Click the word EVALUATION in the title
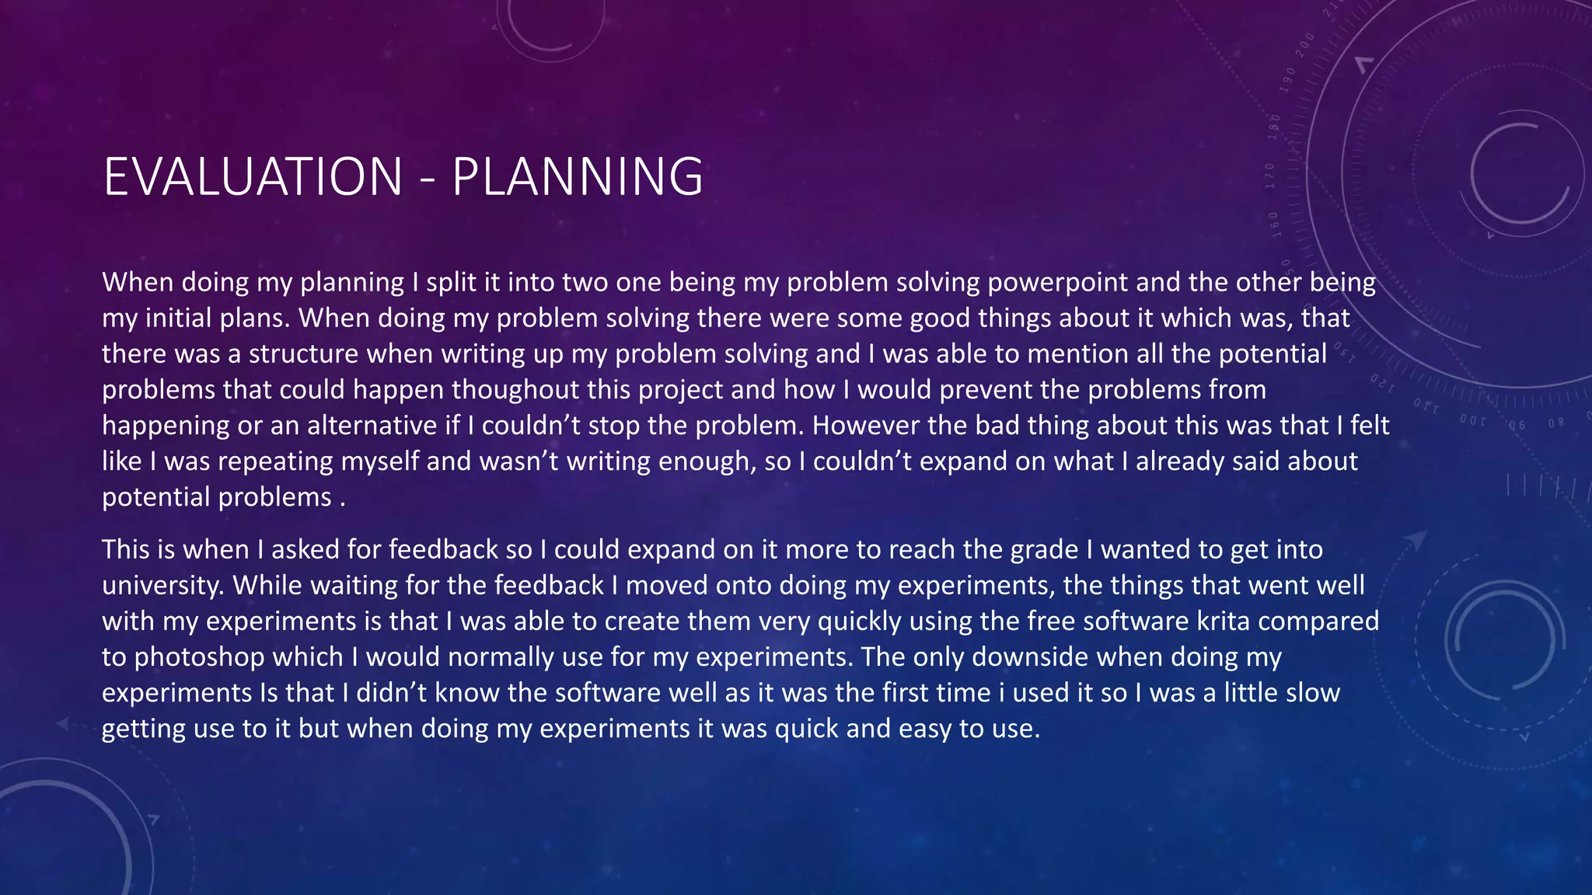(x=253, y=176)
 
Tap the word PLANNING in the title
(x=577, y=176)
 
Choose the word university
(x=162, y=585)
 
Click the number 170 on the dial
(x=1271, y=176)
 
